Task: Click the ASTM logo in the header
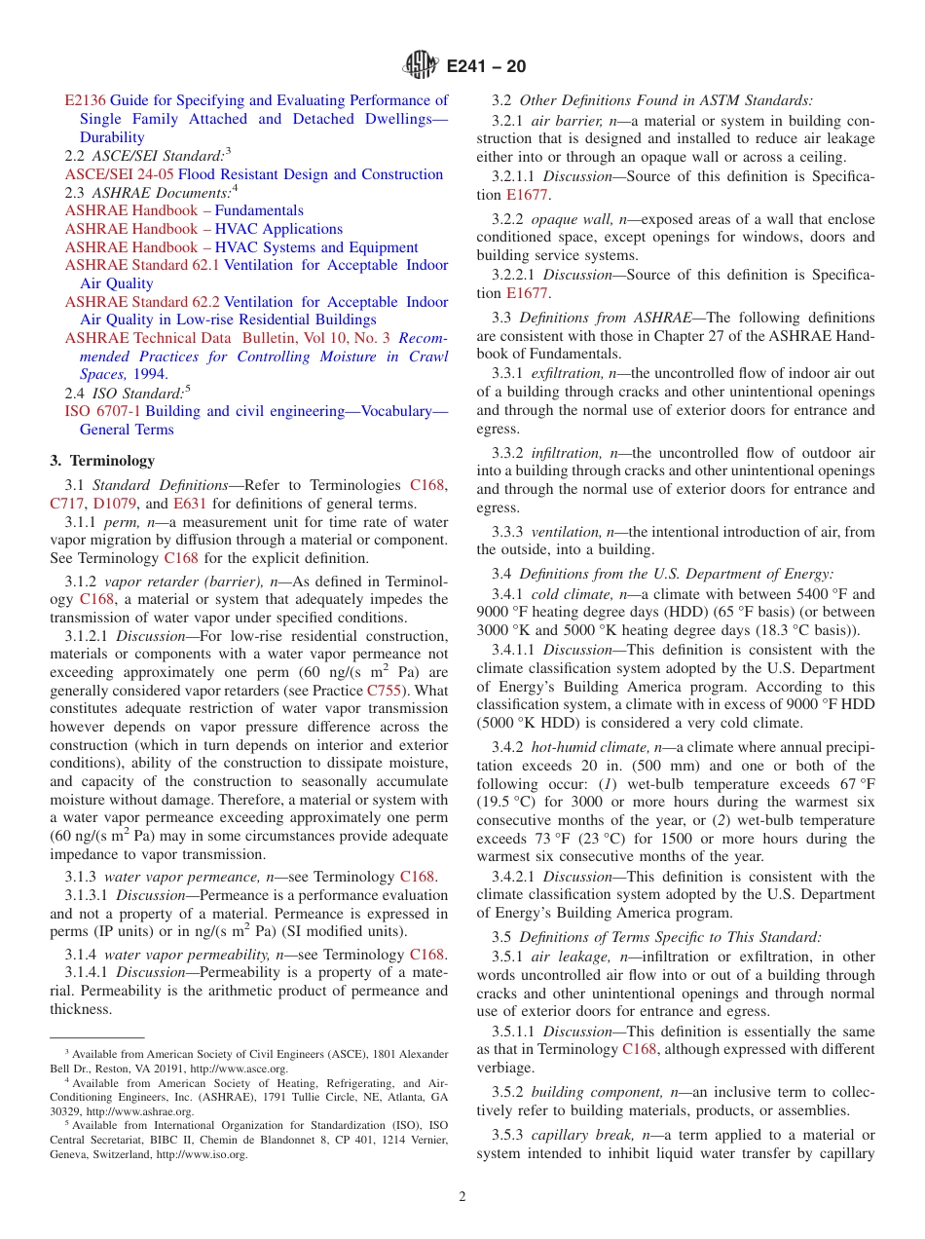(x=422, y=66)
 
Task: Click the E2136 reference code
(x=85, y=100)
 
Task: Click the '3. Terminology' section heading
(x=102, y=461)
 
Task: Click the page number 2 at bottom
(x=462, y=1197)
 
